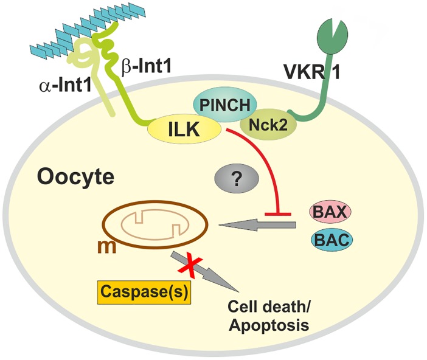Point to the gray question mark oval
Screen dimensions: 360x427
(x=237, y=179)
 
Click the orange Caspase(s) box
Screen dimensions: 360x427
(x=144, y=293)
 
